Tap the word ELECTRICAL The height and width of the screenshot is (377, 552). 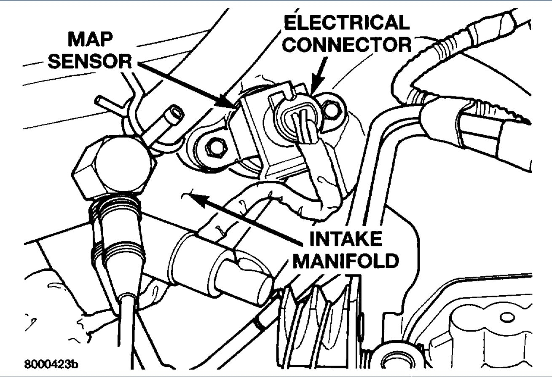point(346,23)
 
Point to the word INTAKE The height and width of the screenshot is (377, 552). point(346,240)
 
